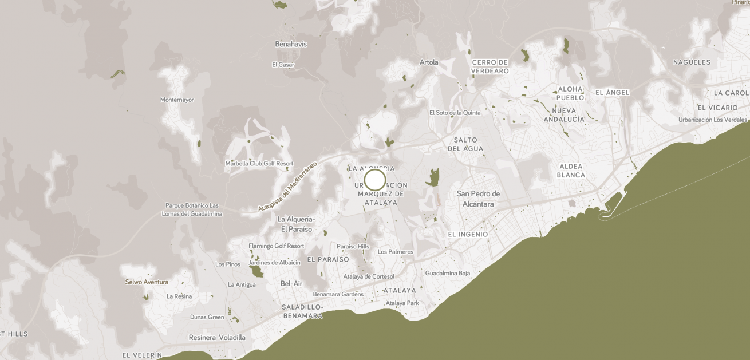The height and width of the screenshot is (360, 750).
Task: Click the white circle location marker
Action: tap(375, 180)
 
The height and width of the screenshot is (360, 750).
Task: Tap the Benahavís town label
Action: tap(291, 44)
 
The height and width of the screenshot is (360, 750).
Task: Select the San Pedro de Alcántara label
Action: tap(478, 199)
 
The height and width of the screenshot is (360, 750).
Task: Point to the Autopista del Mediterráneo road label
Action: tap(287, 186)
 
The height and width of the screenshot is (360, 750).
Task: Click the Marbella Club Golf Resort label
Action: tap(259, 164)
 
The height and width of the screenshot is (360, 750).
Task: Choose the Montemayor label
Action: tap(177, 100)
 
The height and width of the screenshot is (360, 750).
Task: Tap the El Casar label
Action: tap(283, 65)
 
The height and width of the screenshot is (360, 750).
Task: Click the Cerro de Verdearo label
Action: tap(490, 66)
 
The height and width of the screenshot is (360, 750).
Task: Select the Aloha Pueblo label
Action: tap(570, 93)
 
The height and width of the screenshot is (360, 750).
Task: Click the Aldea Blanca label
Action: tap(571, 171)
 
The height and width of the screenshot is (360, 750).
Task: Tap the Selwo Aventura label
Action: tap(147, 282)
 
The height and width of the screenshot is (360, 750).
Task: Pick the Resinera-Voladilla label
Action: tap(217, 338)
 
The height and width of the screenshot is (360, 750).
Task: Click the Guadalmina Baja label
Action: tap(448, 274)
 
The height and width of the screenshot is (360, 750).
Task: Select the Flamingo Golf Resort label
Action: tap(277, 246)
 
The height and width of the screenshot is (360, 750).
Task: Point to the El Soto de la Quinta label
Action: tap(455, 113)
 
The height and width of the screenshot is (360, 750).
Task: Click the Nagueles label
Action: tap(692, 62)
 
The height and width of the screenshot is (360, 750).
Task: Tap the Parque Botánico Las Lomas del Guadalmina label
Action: tap(192, 209)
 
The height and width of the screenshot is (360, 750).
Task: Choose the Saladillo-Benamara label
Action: tap(302, 311)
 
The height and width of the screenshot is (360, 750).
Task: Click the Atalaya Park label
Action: tap(402, 303)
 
